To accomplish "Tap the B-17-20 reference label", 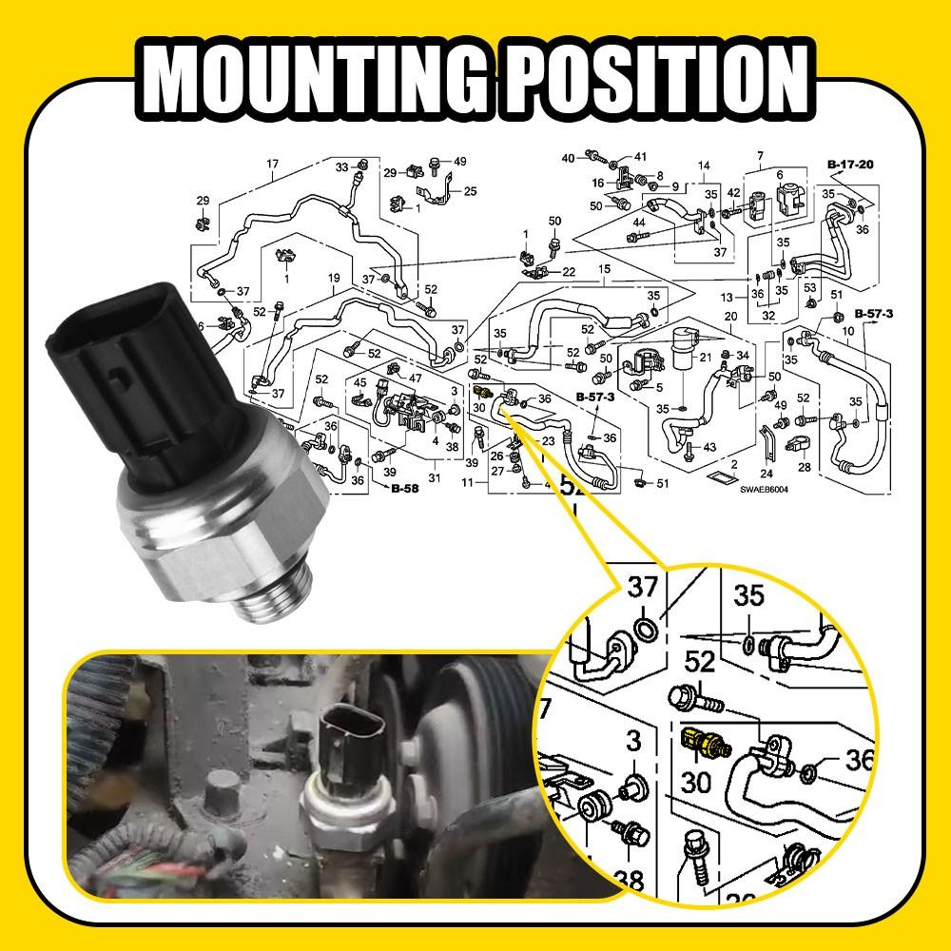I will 851,165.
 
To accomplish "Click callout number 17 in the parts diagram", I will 273,165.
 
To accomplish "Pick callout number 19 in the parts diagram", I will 334,278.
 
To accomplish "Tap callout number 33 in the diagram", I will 341,167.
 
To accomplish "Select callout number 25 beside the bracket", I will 470,192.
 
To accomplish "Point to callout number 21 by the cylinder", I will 705,357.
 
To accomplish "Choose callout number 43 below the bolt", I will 709,447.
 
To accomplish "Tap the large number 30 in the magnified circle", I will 696,782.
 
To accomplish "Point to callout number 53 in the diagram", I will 809,287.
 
